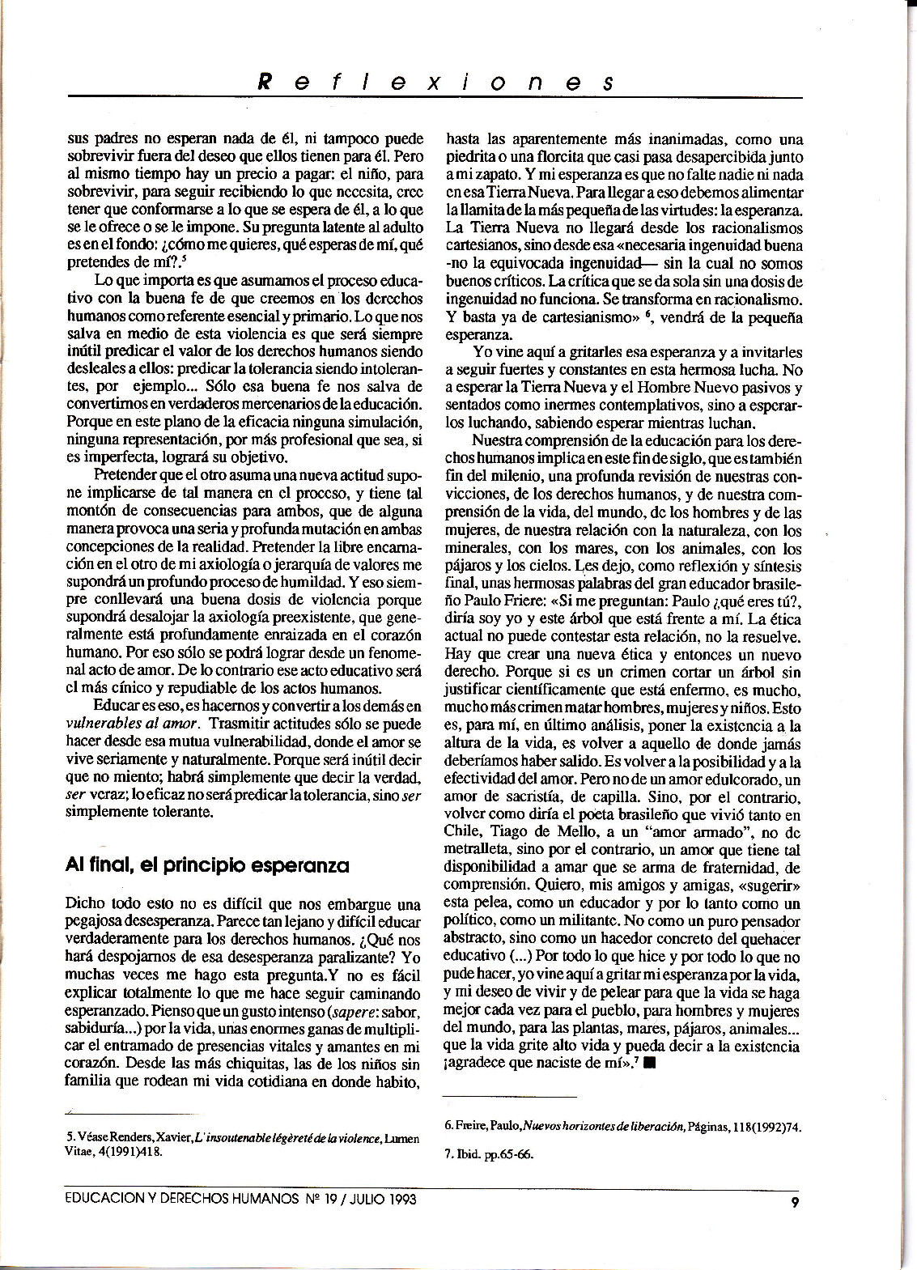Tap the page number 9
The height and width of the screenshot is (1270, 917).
pos(796,1201)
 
